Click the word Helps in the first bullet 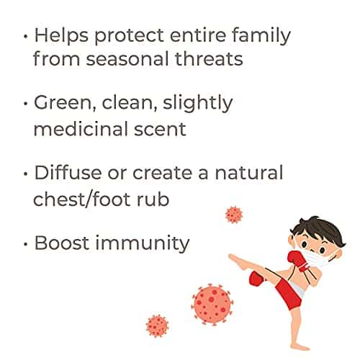point(61,35)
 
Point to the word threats point(209,58)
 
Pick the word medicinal point(81,128)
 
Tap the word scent point(160,129)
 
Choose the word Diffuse point(68,172)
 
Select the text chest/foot point(81,199)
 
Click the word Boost point(62,243)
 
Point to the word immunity point(143,243)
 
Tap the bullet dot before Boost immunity point(26,244)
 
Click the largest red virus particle point(212,305)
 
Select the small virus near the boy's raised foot point(234,215)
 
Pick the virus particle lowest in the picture point(157,326)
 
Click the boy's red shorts point(288,294)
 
